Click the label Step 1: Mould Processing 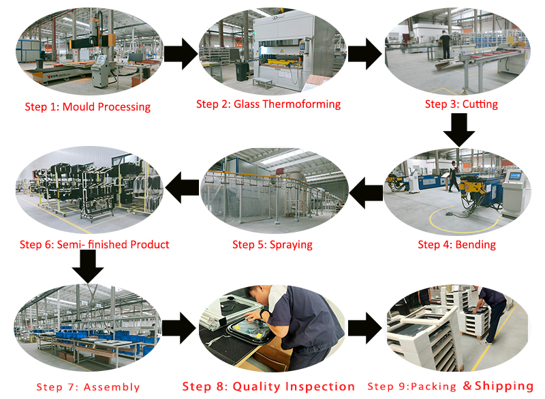click(x=87, y=106)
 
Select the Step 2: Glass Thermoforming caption click(x=268, y=104)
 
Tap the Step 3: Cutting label click(x=461, y=104)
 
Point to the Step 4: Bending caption click(x=456, y=244)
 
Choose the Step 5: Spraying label click(x=272, y=244)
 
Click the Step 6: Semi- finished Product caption click(x=94, y=244)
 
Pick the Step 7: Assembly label click(x=88, y=387)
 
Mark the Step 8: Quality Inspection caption click(x=268, y=386)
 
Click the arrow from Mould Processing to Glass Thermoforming click(x=181, y=55)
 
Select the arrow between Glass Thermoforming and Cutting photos click(x=364, y=55)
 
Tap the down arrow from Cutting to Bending click(x=458, y=130)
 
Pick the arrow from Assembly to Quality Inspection click(x=180, y=328)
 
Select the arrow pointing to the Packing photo click(x=364, y=328)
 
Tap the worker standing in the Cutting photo click(x=445, y=44)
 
